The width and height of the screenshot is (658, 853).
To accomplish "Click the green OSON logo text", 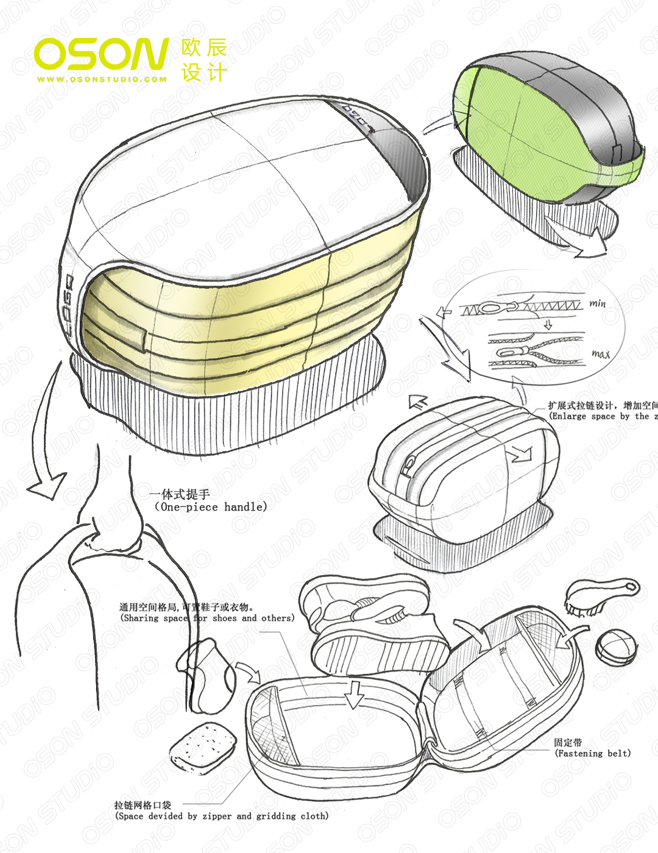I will click(101, 54).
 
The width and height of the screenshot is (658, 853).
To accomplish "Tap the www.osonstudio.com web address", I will click(101, 79).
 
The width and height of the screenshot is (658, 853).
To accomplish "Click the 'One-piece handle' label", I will click(210, 507).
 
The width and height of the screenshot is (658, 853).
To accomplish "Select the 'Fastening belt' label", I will click(592, 754).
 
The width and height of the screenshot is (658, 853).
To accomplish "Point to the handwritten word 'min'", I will click(597, 303).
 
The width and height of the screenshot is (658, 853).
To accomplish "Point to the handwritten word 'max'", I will click(600, 353).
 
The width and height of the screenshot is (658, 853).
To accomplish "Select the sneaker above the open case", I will click(372, 625).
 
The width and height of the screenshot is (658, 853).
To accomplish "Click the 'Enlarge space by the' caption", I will click(600, 416).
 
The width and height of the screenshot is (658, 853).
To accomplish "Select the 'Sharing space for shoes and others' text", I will click(207, 618).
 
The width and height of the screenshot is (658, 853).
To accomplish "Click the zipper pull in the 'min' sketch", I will click(490, 308).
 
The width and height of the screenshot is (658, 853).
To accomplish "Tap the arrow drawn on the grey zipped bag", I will click(522, 455).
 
